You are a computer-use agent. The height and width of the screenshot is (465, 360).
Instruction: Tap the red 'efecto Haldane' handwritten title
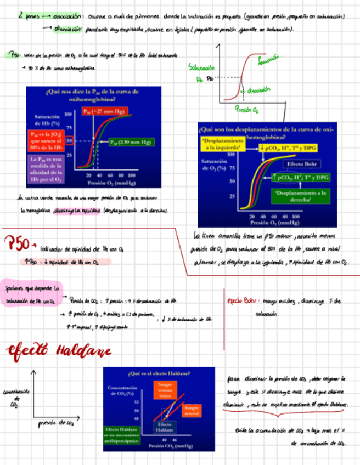click(x=59, y=350)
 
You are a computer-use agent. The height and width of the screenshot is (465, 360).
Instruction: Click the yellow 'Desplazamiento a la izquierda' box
click(x=222, y=144)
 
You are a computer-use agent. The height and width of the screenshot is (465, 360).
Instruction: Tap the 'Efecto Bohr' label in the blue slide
click(x=303, y=164)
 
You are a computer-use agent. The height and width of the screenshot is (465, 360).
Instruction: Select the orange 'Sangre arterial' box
click(x=192, y=411)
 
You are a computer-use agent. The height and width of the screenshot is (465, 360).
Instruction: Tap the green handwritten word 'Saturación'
click(x=201, y=67)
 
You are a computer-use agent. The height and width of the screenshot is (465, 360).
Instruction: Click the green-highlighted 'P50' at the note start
click(x=14, y=55)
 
